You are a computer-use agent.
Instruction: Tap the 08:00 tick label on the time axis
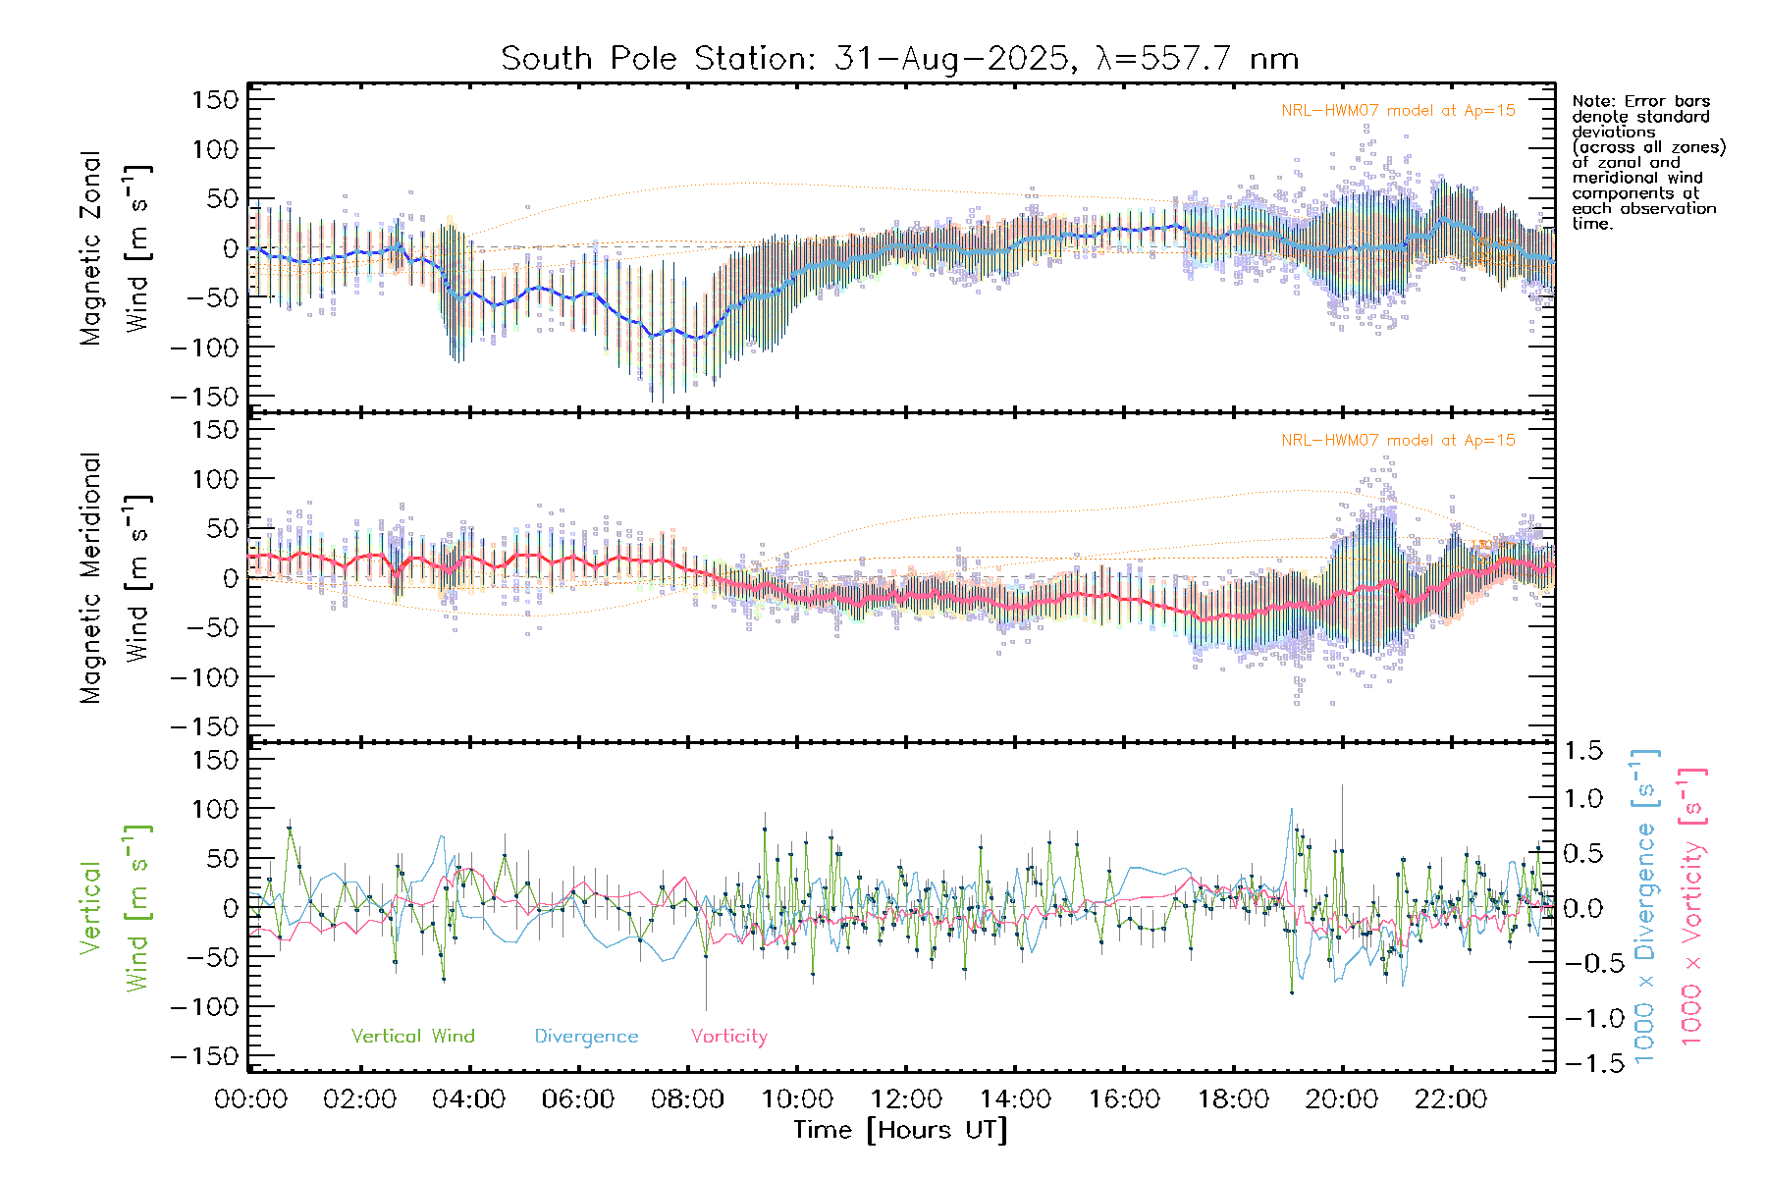pyautogui.click(x=687, y=1098)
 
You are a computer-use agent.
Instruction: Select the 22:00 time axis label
pyautogui.click(x=1450, y=1098)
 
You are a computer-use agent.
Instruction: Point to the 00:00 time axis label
pyautogui.click(x=251, y=1098)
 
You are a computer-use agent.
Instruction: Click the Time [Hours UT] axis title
pyautogui.click(x=900, y=1131)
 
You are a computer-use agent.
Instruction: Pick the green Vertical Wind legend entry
pyautogui.click(x=412, y=1037)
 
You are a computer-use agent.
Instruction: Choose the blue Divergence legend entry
pyautogui.click(x=586, y=1037)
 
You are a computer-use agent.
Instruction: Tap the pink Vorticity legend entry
pyautogui.click(x=728, y=1037)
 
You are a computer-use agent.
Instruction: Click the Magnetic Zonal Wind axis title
pyautogui.click(x=115, y=248)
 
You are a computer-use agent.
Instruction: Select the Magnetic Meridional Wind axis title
pyautogui.click(x=115, y=578)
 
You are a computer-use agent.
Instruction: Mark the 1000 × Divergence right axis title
pyautogui.click(x=1645, y=907)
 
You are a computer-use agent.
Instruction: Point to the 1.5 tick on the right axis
pyautogui.click(x=1582, y=751)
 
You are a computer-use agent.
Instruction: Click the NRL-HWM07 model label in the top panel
pyautogui.click(x=1398, y=111)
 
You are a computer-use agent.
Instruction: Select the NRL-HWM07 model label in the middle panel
pyautogui.click(x=1398, y=441)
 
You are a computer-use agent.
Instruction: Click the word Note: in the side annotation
pyautogui.click(x=1593, y=101)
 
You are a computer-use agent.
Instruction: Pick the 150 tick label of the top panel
pyautogui.click(x=215, y=99)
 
